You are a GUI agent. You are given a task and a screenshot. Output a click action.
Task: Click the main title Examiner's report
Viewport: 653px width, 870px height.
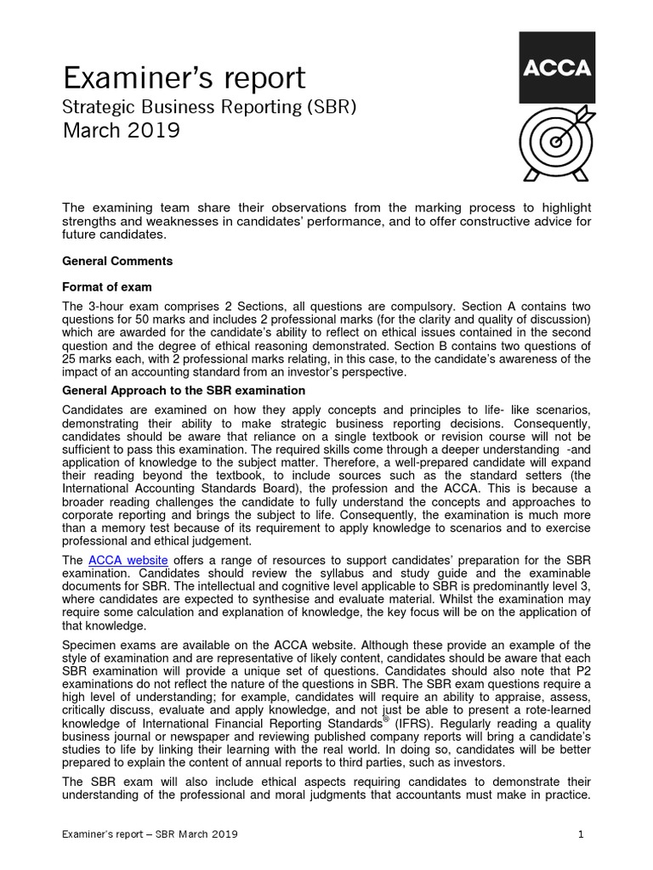pos(185,78)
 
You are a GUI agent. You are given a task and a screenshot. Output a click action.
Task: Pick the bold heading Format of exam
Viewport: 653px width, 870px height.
pos(108,286)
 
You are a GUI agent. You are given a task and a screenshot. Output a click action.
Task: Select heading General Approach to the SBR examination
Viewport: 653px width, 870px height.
pos(185,391)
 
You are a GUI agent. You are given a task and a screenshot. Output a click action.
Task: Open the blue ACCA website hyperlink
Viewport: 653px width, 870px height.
pos(128,560)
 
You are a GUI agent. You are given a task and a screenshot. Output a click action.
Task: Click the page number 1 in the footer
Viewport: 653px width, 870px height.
pos(581,834)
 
